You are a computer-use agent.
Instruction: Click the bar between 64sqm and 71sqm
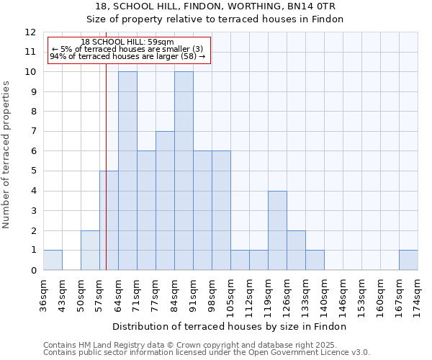tap(127, 171)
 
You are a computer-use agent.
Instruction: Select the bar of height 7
tap(165, 201)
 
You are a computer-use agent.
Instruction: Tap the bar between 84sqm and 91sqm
tap(184, 171)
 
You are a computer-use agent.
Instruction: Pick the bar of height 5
tap(109, 220)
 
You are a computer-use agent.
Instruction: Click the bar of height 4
tap(277, 230)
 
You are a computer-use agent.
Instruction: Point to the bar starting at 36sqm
tap(53, 260)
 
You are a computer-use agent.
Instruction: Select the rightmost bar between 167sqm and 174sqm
tap(408, 260)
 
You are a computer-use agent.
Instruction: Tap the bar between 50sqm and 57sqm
tap(90, 251)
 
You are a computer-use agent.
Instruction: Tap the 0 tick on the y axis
tap(33, 271)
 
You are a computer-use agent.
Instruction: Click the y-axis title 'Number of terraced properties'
tap(7, 155)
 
